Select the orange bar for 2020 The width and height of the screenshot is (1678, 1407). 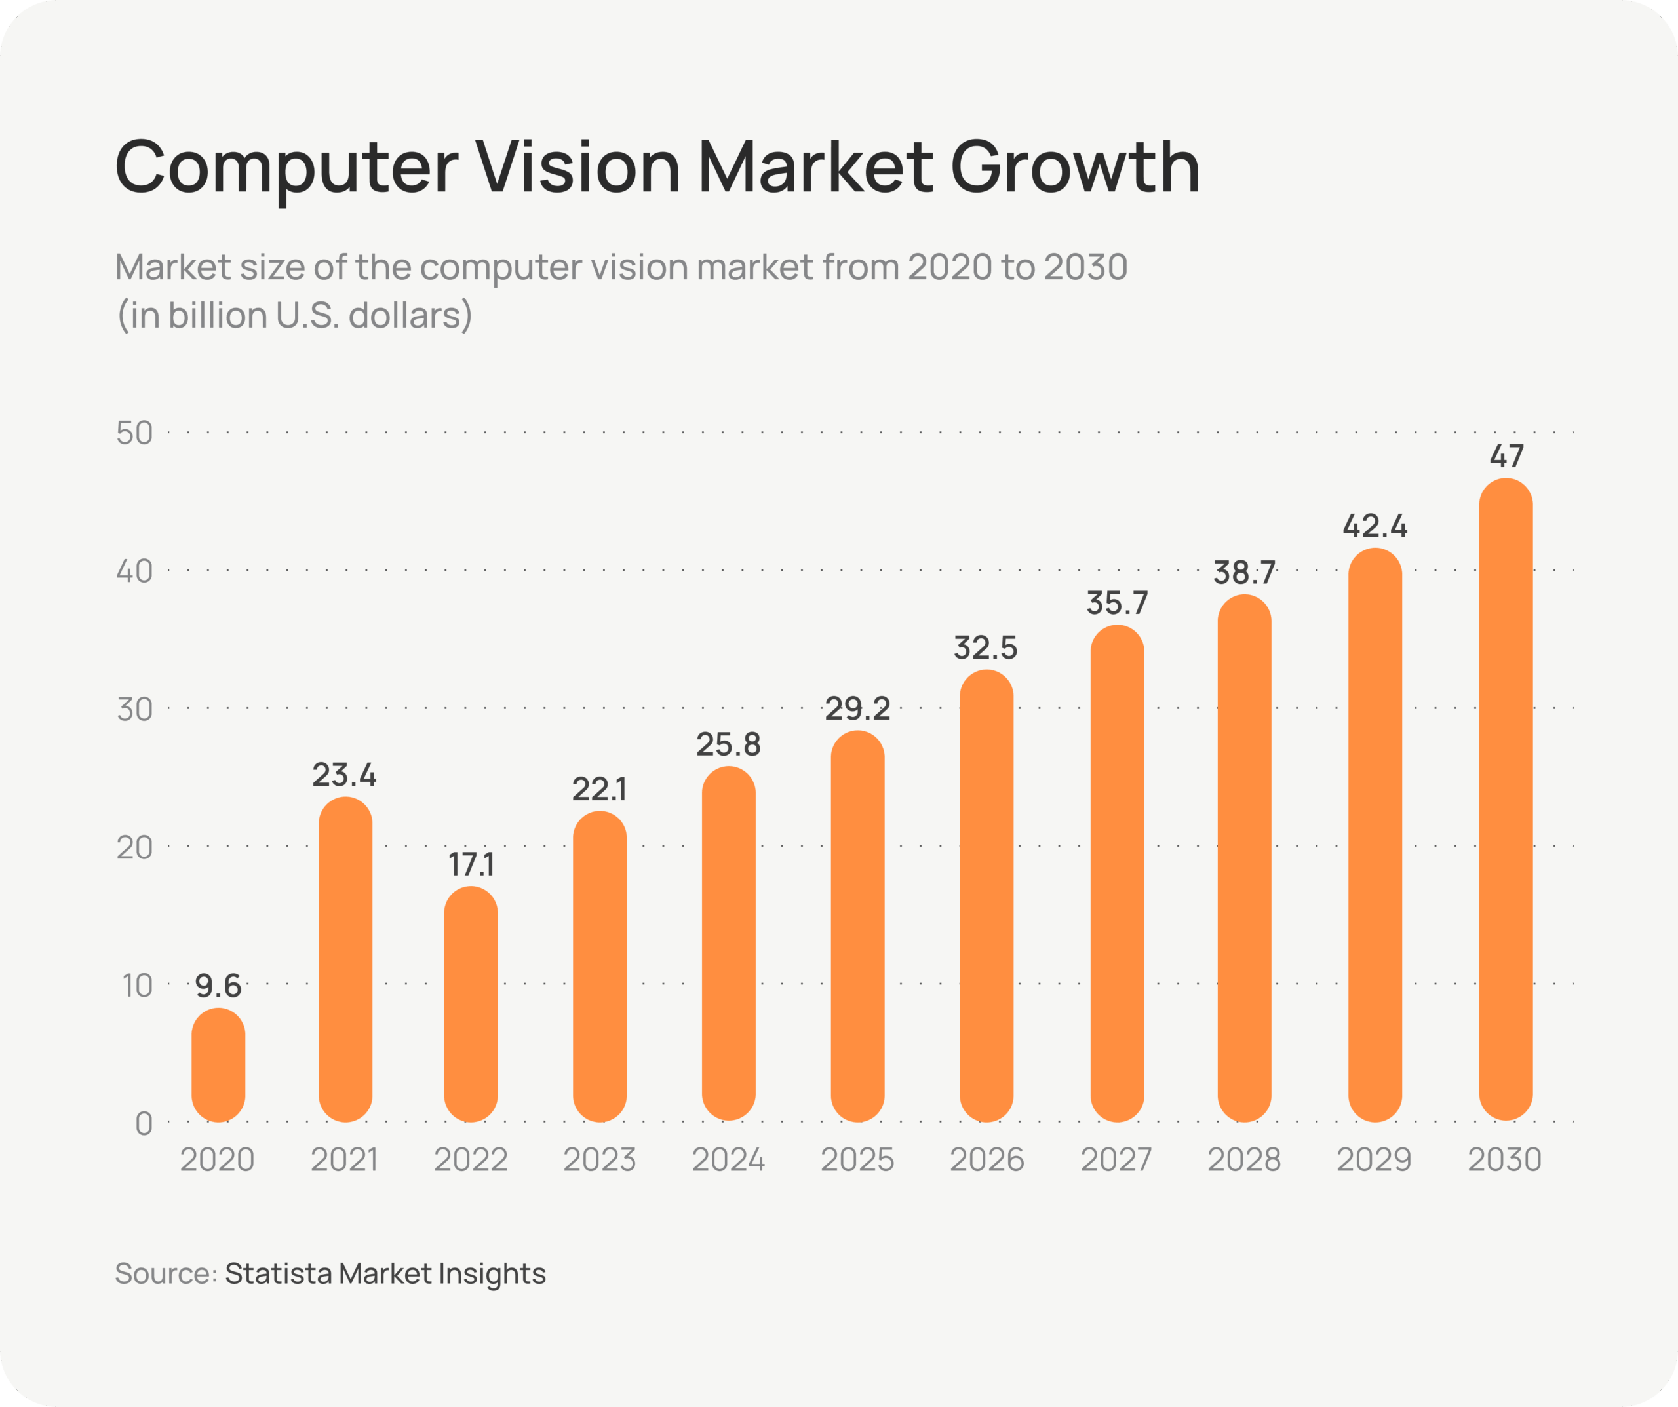218,1065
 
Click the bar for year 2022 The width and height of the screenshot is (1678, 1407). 471,1005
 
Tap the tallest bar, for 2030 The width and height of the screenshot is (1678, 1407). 1506,799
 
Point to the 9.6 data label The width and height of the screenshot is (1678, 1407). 218,986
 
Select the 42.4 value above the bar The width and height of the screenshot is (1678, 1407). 1375,526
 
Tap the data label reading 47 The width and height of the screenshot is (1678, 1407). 1506,456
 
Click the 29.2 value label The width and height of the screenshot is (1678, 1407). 857,708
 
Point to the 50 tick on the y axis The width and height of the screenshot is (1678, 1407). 134,433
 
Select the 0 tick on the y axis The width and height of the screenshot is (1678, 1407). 144,1123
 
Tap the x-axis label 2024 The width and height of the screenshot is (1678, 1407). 728,1160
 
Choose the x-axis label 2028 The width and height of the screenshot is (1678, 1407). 1244,1160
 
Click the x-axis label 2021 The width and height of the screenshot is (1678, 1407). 344,1160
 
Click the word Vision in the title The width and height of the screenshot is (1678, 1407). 579,167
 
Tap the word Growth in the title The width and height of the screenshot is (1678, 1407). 1076,167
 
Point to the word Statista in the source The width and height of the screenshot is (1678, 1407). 278,1273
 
